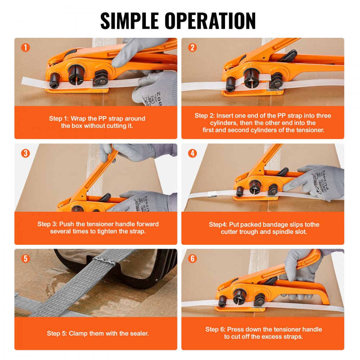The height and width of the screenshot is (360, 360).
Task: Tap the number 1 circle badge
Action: point(26,48)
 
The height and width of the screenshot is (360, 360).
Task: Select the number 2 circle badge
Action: point(193,48)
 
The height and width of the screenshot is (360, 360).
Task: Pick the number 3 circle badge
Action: point(26,153)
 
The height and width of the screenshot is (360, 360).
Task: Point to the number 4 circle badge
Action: point(193,153)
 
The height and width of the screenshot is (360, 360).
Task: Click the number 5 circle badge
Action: point(26,258)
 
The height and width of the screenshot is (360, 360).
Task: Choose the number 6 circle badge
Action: point(193,258)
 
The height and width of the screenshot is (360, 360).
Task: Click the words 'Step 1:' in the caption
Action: point(59,118)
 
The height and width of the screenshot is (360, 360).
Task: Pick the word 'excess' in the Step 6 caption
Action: point(270,337)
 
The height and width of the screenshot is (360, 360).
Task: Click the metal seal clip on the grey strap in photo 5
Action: point(104,261)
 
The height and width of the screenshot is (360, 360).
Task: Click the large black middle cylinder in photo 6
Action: point(240,295)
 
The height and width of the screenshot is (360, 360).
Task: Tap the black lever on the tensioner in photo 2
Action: point(288,56)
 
